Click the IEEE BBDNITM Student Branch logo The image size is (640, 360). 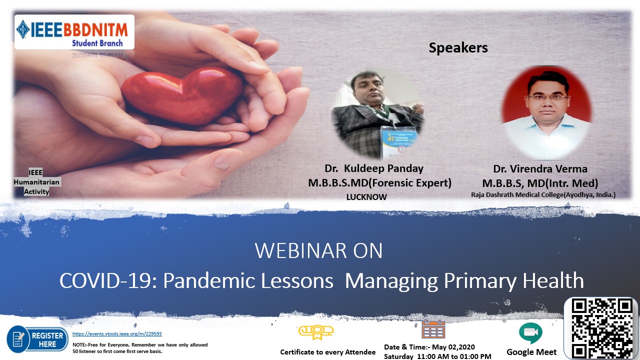(x=74, y=32)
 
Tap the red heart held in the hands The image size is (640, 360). (x=182, y=95)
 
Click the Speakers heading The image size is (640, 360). (x=458, y=47)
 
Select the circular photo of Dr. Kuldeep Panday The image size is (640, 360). (x=377, y=114)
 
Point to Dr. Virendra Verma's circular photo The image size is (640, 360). (x=546, y=113)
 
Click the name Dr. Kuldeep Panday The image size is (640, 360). (x=374, y=168)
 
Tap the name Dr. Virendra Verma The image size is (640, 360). (x=540, y=169)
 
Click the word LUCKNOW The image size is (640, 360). (x=366, y=197)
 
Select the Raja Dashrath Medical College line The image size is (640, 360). (x=543, y=195)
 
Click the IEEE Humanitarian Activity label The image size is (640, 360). (x=36, y=182)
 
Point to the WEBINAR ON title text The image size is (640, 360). (x=318, y=250)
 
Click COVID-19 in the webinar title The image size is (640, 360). (x=108, y=280)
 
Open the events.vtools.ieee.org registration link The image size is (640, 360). (x=117, y=333)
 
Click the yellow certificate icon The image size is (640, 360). (x=316, y=332)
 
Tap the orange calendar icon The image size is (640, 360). (x=433, y=329)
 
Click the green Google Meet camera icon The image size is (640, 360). (x=530, y=333)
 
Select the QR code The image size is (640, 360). (x=601, y=328)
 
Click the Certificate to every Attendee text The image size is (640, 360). (x=327, y=352)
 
